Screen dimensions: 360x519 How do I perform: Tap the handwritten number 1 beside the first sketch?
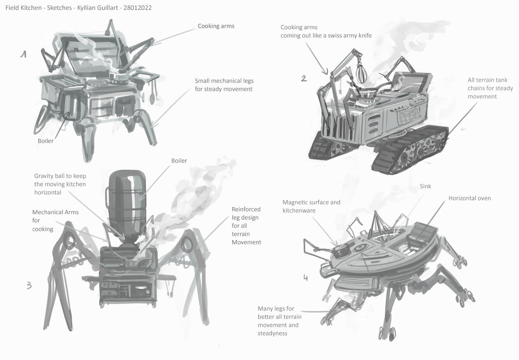coord(24,54)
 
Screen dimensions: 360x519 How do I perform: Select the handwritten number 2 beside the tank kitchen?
coord(304,78)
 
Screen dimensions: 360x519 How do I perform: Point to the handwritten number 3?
coord(29,285)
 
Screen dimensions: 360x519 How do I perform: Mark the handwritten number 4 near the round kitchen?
coord(305,278)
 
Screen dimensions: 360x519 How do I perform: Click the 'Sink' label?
coord(425,186)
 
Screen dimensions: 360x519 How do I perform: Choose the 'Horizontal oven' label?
coord(469,198)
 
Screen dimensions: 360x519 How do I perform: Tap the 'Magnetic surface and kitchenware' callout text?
coord(311,206)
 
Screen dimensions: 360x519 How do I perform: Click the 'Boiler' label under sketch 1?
coord(45,141)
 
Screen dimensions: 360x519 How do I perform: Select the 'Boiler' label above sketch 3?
coord(179,161)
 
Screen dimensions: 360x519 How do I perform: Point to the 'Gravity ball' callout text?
coord(60,184)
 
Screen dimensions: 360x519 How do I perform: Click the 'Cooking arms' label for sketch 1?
coord(216,26)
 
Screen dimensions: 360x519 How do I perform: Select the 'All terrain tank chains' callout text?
coord(490,88)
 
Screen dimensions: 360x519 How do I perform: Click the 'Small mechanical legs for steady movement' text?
coord(224,85)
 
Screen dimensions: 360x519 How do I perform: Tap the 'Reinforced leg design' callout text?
coord(246,226)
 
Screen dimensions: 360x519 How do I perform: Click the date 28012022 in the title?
coord(138,8)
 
